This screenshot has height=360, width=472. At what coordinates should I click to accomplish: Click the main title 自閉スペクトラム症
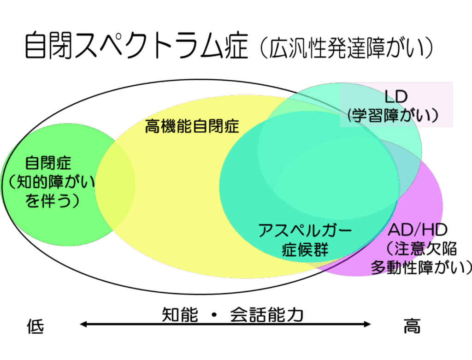[x=136, y=46]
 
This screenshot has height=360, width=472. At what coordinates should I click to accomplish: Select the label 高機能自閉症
[x=192, y=126]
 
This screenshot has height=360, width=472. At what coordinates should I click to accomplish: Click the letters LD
[x=396, y=97]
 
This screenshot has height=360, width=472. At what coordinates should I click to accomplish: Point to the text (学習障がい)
[x=393, y=115]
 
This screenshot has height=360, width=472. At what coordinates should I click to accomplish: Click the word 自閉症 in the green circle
[x=48, y=163]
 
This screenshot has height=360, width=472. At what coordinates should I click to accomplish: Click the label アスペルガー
[x=305, y=230]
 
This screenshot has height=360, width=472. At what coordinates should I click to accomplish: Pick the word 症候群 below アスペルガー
[x=305, y=249]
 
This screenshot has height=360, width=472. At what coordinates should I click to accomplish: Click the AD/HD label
[x=418, y=230]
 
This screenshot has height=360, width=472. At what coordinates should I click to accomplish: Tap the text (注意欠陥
[x=421, y=248]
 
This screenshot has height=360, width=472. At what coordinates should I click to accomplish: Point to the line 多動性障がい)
[x=421, y=267]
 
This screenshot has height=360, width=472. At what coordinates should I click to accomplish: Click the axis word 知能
[x=180, y=315]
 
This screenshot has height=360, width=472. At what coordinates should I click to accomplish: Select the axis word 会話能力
[x=266, y=315]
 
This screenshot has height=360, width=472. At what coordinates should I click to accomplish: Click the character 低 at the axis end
[x=35, y=327]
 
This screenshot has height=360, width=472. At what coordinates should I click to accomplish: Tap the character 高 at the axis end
[x=412, y=326]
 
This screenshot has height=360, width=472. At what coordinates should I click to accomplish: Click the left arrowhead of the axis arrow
[x=83, y=324]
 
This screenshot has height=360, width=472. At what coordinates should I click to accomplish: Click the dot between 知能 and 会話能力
[x=214, y=315]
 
